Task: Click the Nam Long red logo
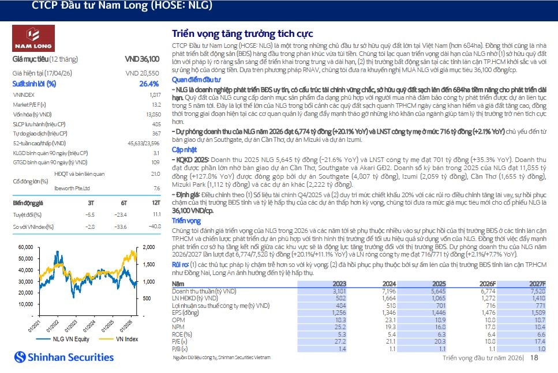[33, 39]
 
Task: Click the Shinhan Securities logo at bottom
[64, 357]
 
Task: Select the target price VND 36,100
[142, 59]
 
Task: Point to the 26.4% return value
[149, 84]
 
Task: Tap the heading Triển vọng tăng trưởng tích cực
[242, 34]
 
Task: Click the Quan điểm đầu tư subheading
[196, 80]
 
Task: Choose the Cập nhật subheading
[184, 150]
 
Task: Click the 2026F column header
[487, 284]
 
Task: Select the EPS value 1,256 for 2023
[339, 312]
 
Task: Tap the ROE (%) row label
[182, 334]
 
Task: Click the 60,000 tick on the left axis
[25, 247]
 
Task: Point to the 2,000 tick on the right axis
[149, 247]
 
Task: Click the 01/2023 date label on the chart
[71, 326]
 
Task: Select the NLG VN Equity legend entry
[63, 339]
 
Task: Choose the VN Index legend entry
[118, 339]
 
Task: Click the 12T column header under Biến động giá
[156, 203]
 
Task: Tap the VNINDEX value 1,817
[155, 95]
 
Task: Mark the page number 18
[534, 357]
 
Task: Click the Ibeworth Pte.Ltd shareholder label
[72, 189]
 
